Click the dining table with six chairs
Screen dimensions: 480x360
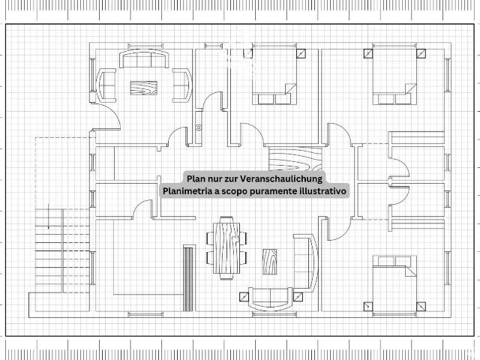(226, 247)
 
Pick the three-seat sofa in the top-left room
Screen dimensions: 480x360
(144, 58)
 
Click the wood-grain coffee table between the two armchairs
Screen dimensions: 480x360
(143, 88)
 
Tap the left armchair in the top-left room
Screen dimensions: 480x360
(106, 85)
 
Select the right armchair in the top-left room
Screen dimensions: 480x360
(181, 85)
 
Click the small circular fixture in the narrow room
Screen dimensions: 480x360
(199, 127)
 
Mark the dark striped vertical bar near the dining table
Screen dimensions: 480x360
(188, 278)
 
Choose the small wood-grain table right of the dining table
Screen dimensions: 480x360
(270, 261)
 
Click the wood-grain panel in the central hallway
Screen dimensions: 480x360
(295, 158)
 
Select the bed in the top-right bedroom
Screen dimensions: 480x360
(394, 76)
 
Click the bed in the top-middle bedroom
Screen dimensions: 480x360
(274, 76)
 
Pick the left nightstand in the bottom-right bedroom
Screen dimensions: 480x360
(368, 307)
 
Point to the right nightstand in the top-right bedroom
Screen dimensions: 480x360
(421, 53)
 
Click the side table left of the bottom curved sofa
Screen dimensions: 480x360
(244, 297)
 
